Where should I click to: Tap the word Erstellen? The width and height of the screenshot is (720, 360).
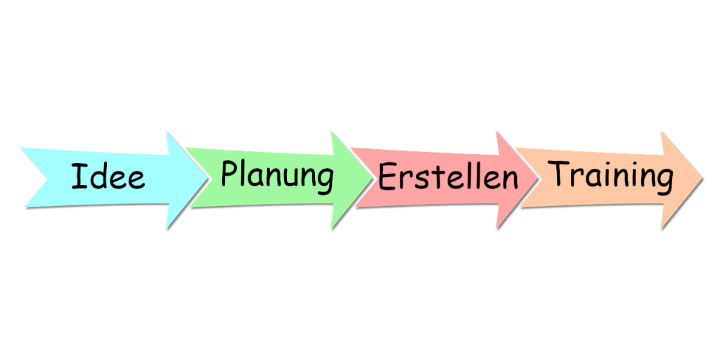448,176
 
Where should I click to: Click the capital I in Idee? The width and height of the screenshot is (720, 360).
79,176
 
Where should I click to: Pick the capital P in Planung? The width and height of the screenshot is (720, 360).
230,173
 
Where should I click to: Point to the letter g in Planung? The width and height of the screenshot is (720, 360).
326,181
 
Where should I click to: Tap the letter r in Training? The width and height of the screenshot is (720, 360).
581,177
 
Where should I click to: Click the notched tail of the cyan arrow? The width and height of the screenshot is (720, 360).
47,178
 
